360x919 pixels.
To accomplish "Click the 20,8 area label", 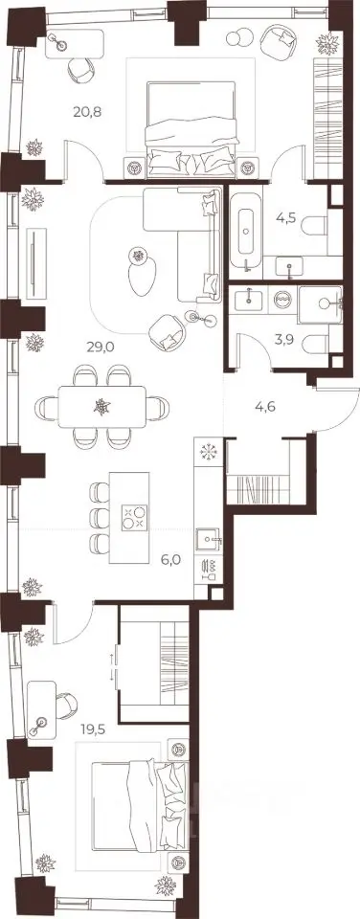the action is coord(88,111).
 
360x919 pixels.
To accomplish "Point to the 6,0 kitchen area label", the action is coord(170,558).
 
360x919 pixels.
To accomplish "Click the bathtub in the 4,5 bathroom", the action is coord(245,233).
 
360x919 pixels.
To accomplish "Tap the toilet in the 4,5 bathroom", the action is coord(317,225).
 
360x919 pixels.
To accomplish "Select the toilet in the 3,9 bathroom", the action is coord(319,343).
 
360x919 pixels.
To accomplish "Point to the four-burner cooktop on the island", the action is coord(133,517).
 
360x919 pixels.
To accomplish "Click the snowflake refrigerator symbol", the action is coord(208,452).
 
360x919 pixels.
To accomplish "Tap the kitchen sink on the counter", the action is coord(208,538).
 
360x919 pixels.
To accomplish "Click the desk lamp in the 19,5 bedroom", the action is coord(40,721).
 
